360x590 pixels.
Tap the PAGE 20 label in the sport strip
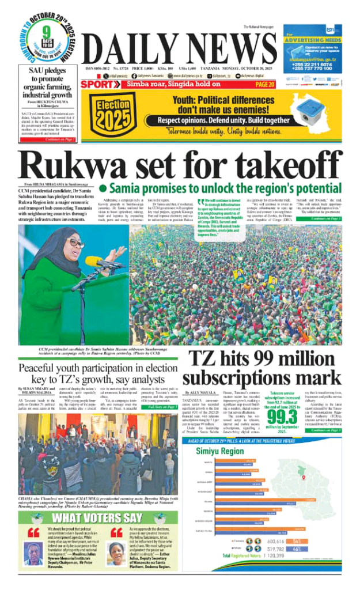click(x=264, y=85)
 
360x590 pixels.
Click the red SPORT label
click(x=99, y=85)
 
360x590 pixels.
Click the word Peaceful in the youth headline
click(x=46, y=369)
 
